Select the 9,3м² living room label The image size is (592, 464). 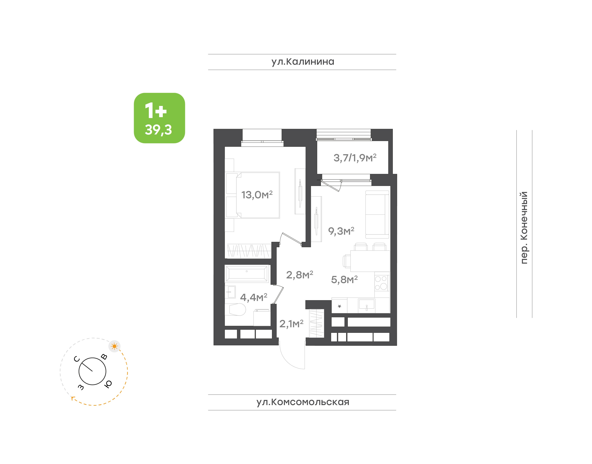(341, 231)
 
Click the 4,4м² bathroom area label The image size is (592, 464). (253, 297)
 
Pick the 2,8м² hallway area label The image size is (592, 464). (299, 275)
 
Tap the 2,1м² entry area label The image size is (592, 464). (291, 324)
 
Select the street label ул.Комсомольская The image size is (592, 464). (303, 402)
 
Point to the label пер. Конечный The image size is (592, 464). (524, 228)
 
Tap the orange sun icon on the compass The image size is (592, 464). (114, 346)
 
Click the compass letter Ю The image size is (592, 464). (108, 384)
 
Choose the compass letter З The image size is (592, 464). (81, 387)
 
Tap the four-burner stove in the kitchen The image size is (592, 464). (381, 283)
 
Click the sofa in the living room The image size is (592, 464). (377, 214)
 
